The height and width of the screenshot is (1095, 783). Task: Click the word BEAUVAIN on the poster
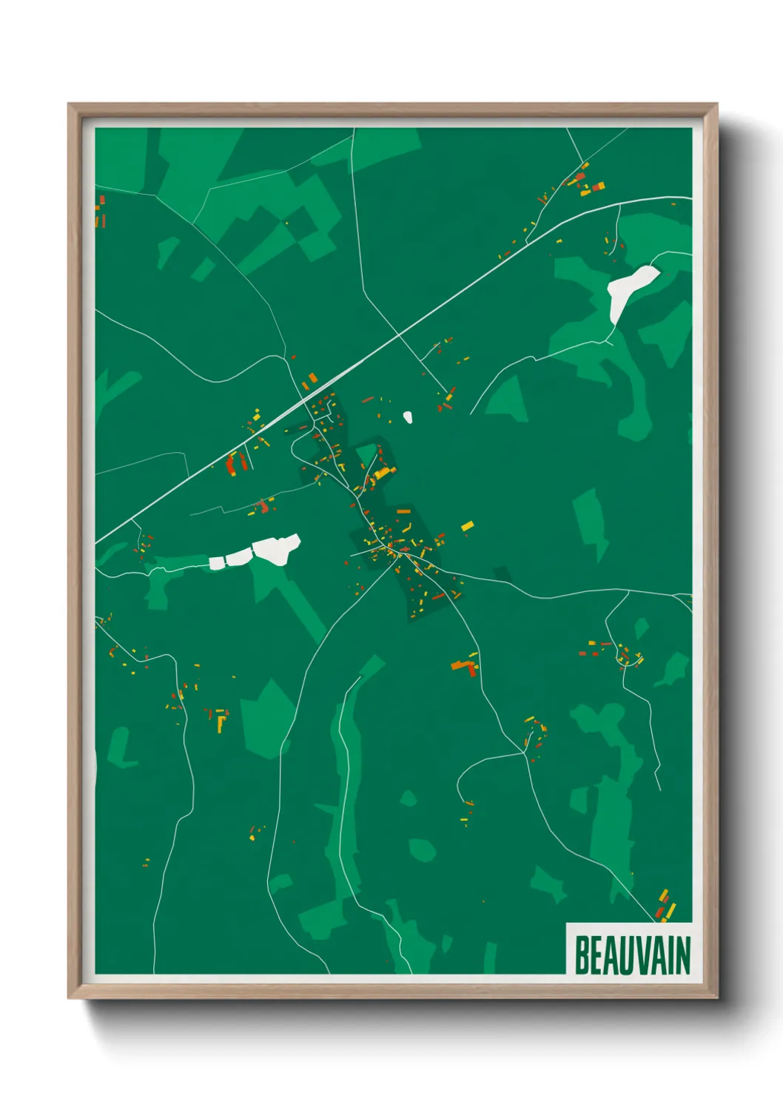(632, 955)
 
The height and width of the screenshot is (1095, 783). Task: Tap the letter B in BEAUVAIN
(582, 955)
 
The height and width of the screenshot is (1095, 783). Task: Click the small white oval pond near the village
(408, 417)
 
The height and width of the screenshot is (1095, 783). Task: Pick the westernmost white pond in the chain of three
(217, 562)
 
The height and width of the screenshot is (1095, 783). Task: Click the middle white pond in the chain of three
(238, 558)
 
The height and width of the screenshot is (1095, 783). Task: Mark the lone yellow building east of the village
(467, 526)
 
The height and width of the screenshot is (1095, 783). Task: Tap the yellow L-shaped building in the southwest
(221, 722)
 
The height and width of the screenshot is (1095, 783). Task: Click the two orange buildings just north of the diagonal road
(309, 381)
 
